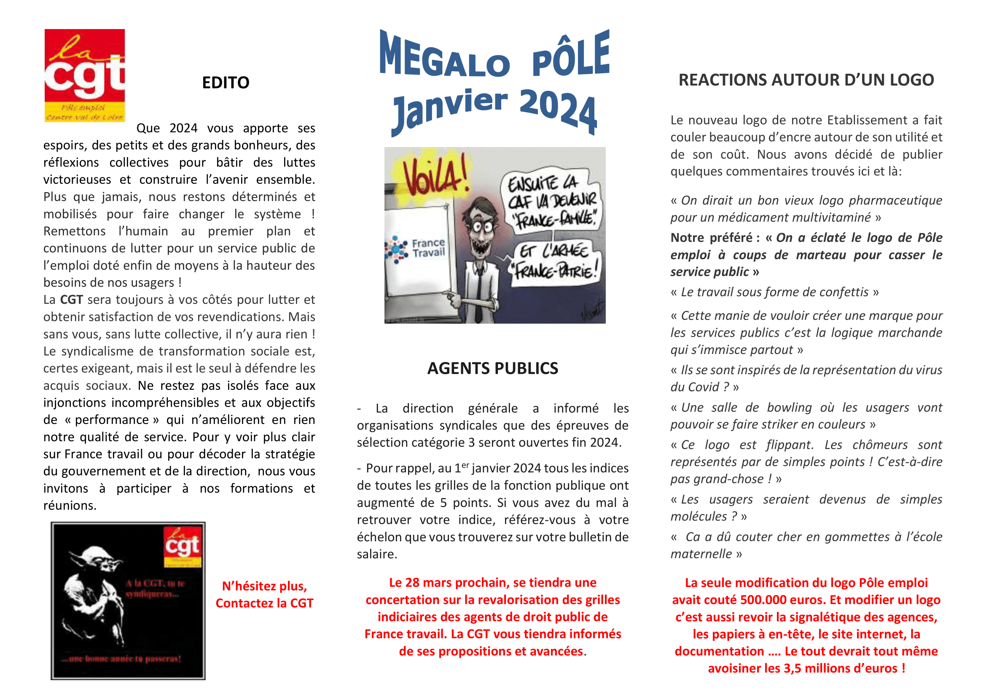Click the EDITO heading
[x=226, y=83]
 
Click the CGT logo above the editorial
[x=85, y=75]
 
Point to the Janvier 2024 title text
[x=494, y=110]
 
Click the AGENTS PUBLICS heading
[x=492, y=368]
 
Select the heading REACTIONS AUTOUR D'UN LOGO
[x=806, y=80]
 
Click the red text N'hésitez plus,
[x=264, y=586]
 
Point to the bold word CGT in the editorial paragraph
[x=71, y=300]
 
